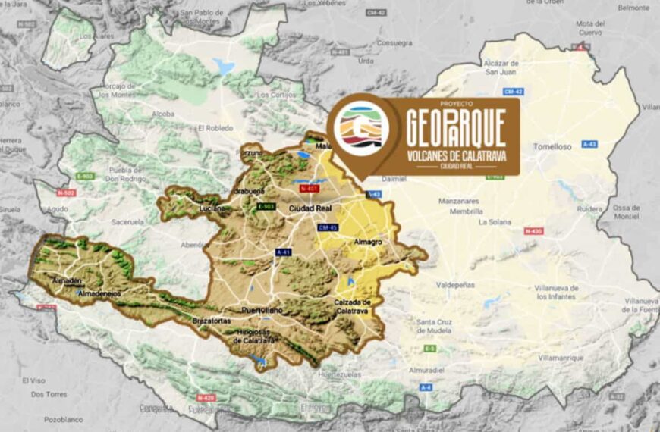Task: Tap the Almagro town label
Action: (367, 242)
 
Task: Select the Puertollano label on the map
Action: (261, 311)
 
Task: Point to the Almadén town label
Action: (67, 280)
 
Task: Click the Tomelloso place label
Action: (552, 146)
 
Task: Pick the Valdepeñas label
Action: (456, 285)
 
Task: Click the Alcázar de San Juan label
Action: (501, 67)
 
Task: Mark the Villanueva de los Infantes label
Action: (557, 292)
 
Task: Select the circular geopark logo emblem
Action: (362, 130)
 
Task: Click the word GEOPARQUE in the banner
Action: (455, 129)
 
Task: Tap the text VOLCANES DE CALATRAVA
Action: (455, 155)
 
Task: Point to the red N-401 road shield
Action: (309, 188)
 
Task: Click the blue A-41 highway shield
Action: (284, 252)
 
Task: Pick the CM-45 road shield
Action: (328, 227)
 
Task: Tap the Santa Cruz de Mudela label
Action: (435, 326)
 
